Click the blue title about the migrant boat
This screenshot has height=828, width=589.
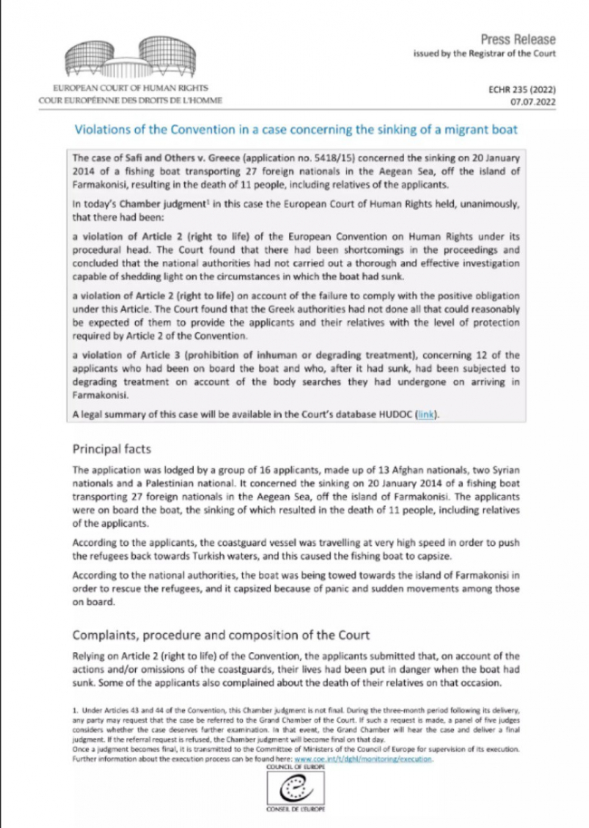pyautogui.click(x=307, y=131)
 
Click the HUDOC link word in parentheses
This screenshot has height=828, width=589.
pyautogui.click(x=427, y=414)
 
